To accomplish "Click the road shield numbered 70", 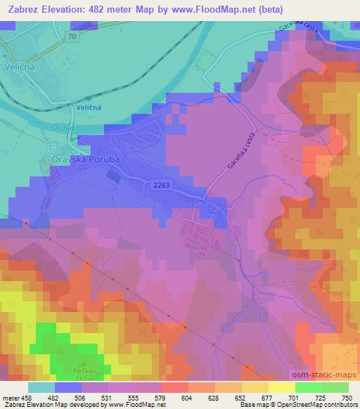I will (72, 35).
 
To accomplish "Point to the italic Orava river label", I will (62, 128).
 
